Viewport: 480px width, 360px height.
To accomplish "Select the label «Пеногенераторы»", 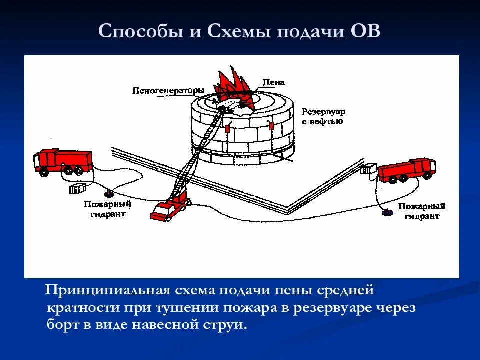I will pos(168,90).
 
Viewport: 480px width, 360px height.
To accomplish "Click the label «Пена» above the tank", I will pos(274,82).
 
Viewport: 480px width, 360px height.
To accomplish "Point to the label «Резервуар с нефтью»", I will pos(323,116).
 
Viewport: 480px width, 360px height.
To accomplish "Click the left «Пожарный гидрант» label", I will pos(107,209).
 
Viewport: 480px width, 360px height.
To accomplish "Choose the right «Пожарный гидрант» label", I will pos(422,211).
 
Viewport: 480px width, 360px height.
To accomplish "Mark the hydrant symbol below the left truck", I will pos(107,193).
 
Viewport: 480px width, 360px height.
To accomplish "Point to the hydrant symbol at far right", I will pos(387,213).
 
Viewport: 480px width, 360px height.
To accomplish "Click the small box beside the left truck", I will pos(78,189).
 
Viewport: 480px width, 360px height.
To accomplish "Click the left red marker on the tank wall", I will pos(228,128).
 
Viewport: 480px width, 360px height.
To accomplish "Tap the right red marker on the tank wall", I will pos(271,126).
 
